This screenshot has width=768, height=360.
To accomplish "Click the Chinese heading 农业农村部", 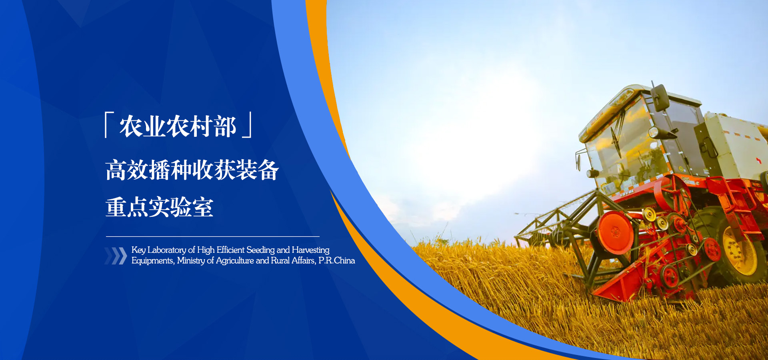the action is click(178, 126).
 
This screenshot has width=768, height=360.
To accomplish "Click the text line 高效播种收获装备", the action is click(192, 170).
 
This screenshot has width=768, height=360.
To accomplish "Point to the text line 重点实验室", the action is click(159, 207).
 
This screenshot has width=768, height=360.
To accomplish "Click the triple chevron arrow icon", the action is click(116, 256).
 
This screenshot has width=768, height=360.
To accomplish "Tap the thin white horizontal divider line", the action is click(213, 236).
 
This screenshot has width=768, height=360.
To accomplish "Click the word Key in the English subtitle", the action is click(138, 250).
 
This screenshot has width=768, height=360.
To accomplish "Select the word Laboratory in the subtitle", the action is click(167, 250).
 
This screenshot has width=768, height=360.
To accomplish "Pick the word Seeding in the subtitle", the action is click(260, 250).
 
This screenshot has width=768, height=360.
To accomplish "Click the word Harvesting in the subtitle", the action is click(310, 250).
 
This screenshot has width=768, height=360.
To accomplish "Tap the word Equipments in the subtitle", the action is click(153, 261).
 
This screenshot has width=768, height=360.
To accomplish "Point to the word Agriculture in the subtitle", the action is click(235, 260).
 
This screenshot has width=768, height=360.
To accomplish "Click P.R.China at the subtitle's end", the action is click(337, 260).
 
